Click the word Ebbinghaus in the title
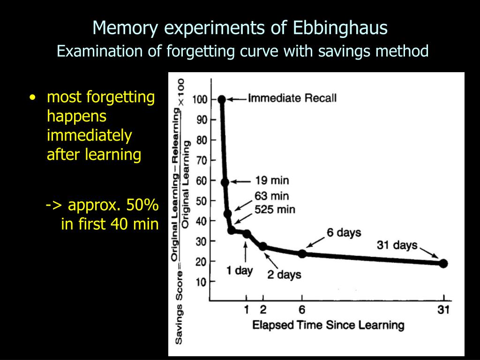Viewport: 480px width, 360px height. point(340,28)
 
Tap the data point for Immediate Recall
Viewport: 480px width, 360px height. point(222,99)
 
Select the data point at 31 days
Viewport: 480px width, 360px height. point(443,263)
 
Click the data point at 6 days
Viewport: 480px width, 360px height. point(302,254)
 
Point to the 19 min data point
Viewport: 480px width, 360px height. point(225,182)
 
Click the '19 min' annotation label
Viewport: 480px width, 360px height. point(272,180)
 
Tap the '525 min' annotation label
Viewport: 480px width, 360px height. point(275,210)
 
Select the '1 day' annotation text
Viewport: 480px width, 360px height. point(240,270)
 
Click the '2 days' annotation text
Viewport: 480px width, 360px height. point(284,275)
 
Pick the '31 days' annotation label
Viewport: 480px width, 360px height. point(397,245)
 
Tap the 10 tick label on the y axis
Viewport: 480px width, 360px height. point(202,281)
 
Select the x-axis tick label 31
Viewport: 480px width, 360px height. point(443,310)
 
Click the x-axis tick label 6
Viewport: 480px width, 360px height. point(302,310)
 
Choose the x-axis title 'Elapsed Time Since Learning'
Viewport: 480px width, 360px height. point(328,325)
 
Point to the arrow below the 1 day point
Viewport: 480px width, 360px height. point(246,252)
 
